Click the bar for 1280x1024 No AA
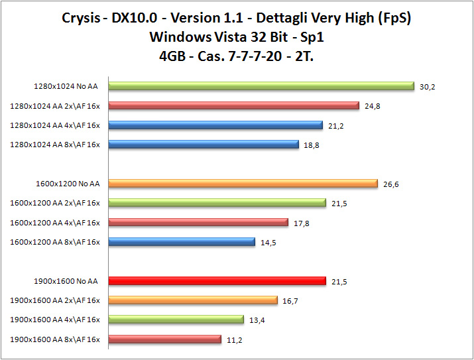[261, 86]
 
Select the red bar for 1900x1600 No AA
[217, 281]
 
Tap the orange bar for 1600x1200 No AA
[242, 184]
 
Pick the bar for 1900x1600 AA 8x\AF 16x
[164, 339]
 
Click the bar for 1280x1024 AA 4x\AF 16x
[215, 125]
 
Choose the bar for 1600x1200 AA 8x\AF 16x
[181, 242]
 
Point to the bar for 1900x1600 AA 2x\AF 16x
[192, 300]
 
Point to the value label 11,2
[233, 340]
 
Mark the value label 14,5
[268, 243]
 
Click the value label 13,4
[257, 320]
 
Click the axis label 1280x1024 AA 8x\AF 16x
[55, 145]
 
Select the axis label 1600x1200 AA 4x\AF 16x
[55, 223]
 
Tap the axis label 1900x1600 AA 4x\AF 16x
[55, 320]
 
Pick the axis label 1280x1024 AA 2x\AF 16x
[55, 105]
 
